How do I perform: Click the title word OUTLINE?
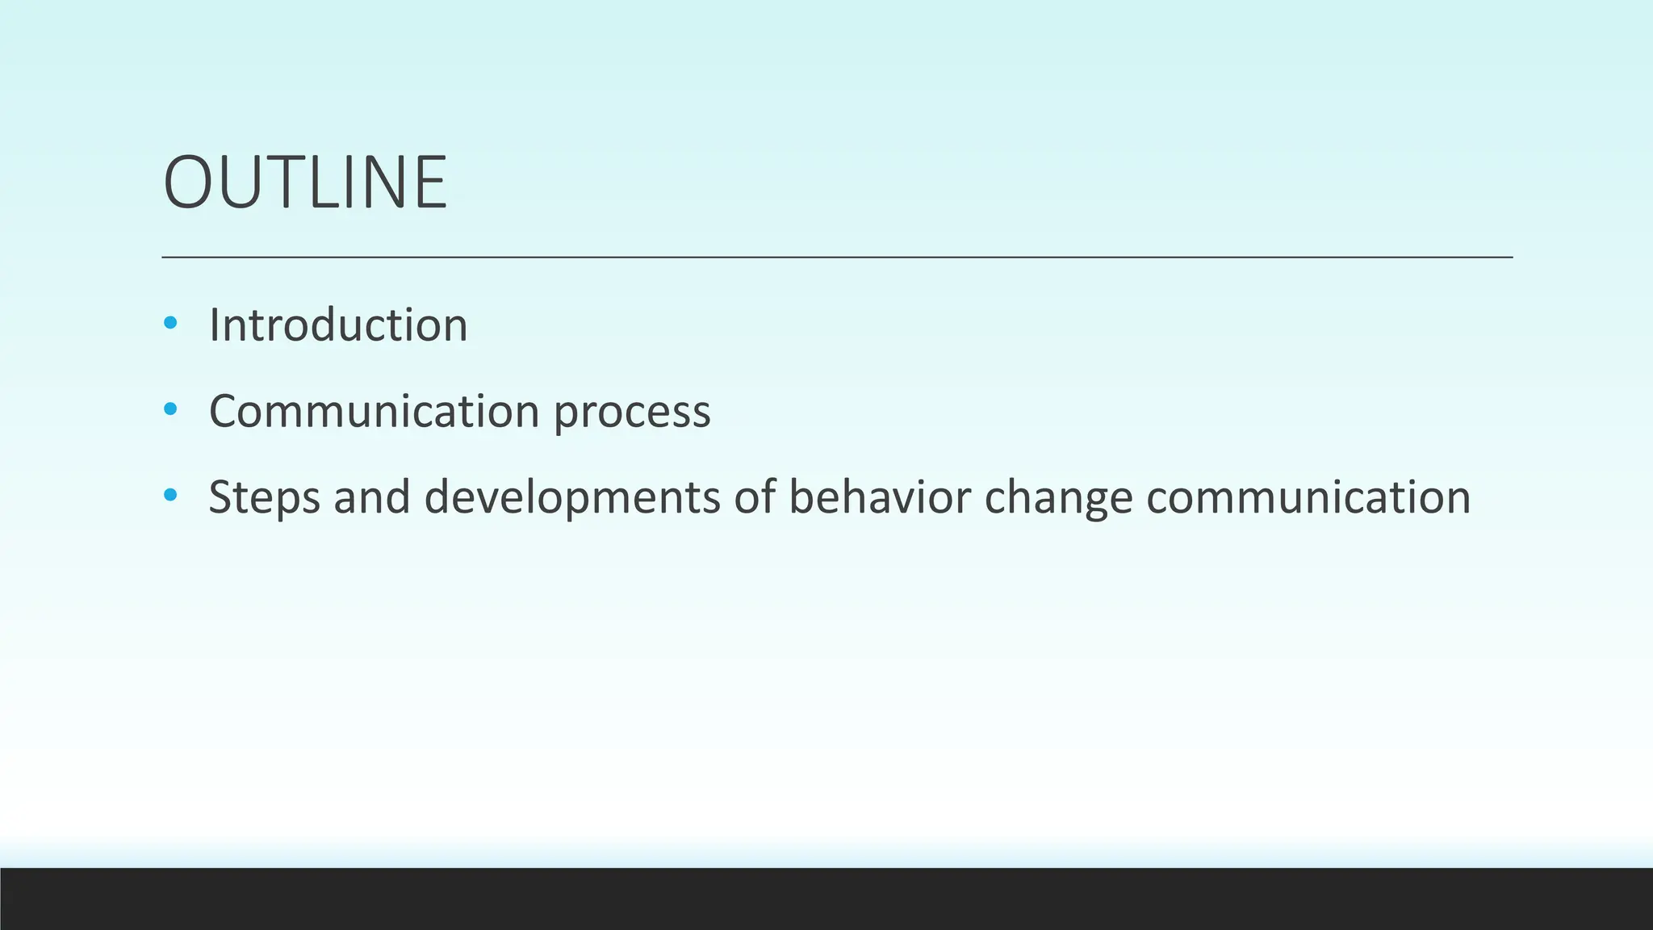click(305, 182)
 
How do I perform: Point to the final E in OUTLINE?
click(430, 182)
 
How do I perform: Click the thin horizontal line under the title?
click(836, 257)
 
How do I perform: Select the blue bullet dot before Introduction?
click(169, 324)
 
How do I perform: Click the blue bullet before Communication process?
click(169, 409)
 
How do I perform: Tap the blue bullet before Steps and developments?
click(169, 495)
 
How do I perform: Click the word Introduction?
click(338, 325)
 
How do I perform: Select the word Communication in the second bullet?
click(374, 411)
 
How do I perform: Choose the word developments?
click(571, 498)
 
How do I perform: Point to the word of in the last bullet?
click(755, 496)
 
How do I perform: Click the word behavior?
click(879, 496)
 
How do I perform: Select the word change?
click(1058, 498)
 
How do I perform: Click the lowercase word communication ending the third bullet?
click(1308, 496)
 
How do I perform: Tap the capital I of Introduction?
click(214, 325)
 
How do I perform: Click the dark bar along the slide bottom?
click(826, 899)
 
